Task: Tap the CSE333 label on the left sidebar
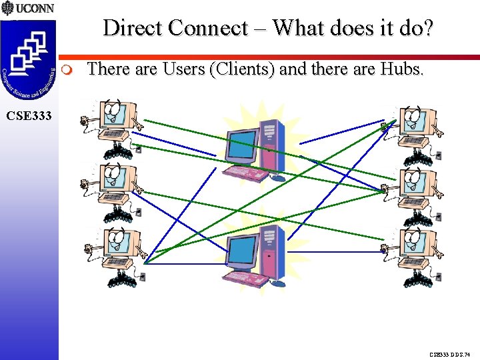tap(28, 116)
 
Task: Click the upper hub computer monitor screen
tap(242, 145)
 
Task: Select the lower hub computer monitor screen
tap(243, 250)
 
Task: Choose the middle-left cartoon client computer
tap(113, 190)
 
